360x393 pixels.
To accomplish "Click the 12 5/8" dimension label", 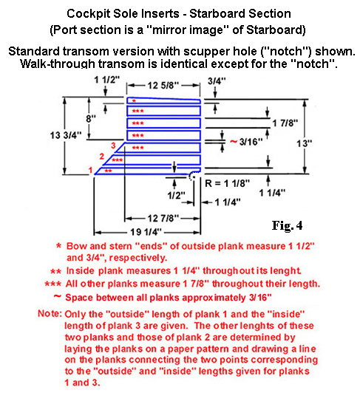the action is pos(163,86).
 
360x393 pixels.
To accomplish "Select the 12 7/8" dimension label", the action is pos(163,219).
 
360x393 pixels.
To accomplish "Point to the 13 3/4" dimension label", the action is pos(66,135).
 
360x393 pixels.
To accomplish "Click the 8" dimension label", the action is pos(91,118).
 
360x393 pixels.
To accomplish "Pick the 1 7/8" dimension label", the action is pos(285,123).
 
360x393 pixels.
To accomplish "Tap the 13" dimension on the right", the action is pos(305,143).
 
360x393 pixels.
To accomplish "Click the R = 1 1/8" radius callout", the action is pos(227,183).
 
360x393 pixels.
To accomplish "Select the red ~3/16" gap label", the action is pos(246,142).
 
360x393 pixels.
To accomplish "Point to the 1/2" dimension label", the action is pos(177,195).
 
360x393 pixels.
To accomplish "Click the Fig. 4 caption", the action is pos(288,225).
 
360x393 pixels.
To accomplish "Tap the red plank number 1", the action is pos(91,170).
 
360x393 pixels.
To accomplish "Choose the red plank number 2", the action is pos(101,157).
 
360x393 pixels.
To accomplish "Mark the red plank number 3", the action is pos(113,146).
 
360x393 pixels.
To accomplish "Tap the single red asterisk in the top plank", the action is pos(135,100).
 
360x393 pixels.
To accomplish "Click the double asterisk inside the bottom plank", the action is pos(108,171).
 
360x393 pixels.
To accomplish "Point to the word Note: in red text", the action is pos(50,313).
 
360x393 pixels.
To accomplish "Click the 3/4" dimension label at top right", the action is pos(217,81).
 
